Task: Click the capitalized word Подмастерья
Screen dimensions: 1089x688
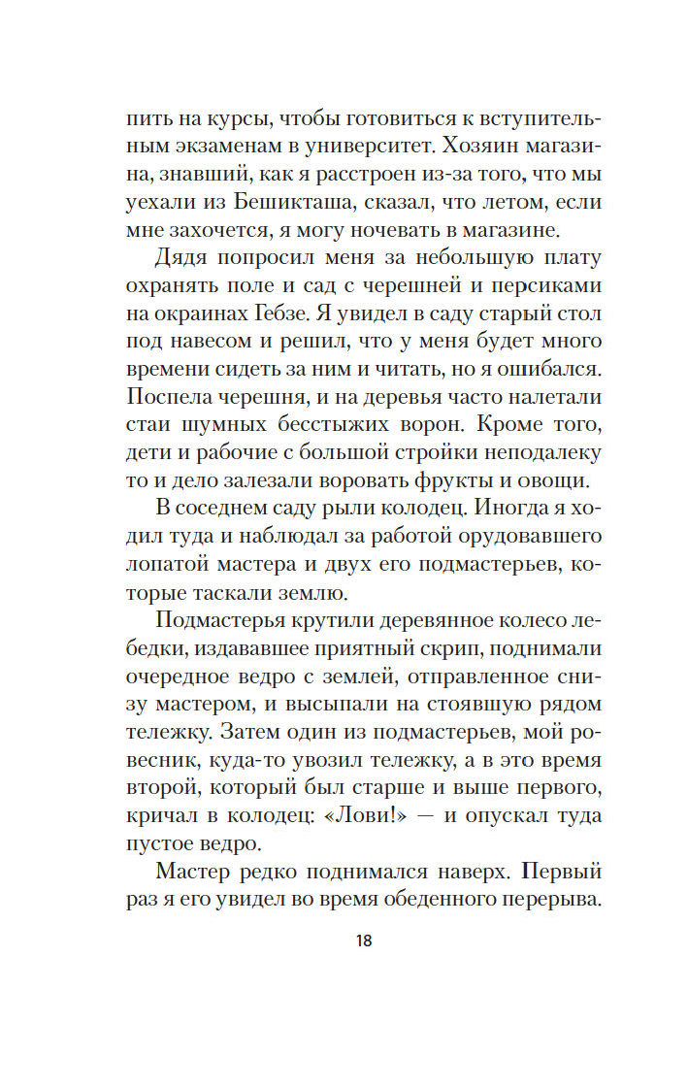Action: point(217,625)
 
